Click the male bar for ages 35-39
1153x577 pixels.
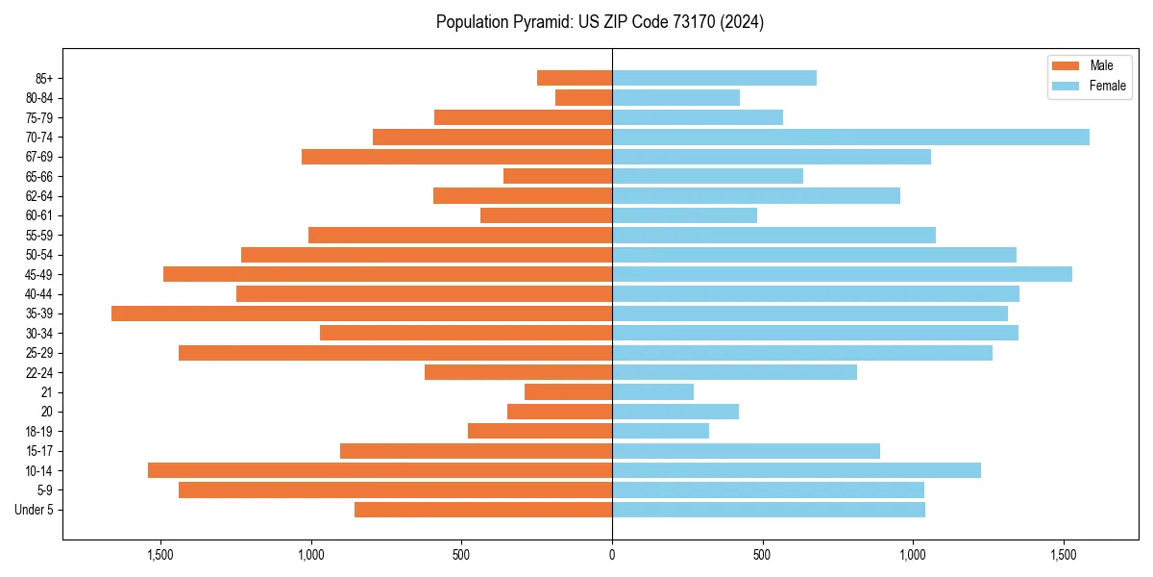361,314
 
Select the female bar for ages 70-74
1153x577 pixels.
850,137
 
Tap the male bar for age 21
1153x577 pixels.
568,392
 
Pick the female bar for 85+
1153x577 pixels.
714,78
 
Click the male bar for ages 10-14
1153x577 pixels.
380,470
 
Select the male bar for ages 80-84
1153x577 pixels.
583,97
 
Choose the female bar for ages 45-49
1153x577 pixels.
842,274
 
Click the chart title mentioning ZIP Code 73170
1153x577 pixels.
600,22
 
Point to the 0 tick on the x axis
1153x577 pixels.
612,555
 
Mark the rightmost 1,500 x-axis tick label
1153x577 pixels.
1063,555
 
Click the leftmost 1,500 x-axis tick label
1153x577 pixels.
160,555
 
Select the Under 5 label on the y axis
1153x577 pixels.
34,510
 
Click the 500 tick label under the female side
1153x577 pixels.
762,555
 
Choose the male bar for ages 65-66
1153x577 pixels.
557,176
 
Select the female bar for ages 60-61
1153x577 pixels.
684,215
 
